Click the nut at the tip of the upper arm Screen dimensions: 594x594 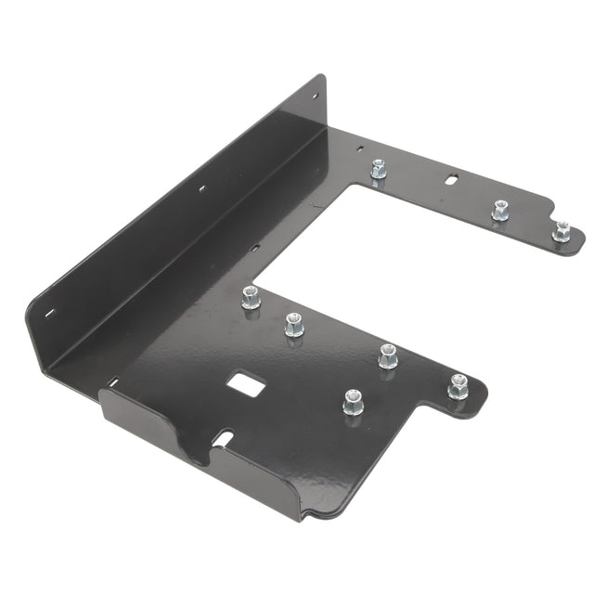[561, 231]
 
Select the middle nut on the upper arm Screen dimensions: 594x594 [499, 210]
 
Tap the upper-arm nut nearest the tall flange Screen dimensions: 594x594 [378, 170]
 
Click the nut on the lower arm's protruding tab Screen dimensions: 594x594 [458, 385]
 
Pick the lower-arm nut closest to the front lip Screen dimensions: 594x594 [353, 401]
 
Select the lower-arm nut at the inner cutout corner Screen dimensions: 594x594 [250, 298]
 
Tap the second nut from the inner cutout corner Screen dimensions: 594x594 [292, 324]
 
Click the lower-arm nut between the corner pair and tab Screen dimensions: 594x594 [388, 355]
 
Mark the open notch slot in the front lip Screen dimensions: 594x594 [226, 437]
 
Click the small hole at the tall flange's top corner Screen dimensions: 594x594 [313, 95]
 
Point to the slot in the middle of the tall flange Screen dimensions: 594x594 [200, 188]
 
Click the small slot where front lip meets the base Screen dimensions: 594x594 [112, 381]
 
